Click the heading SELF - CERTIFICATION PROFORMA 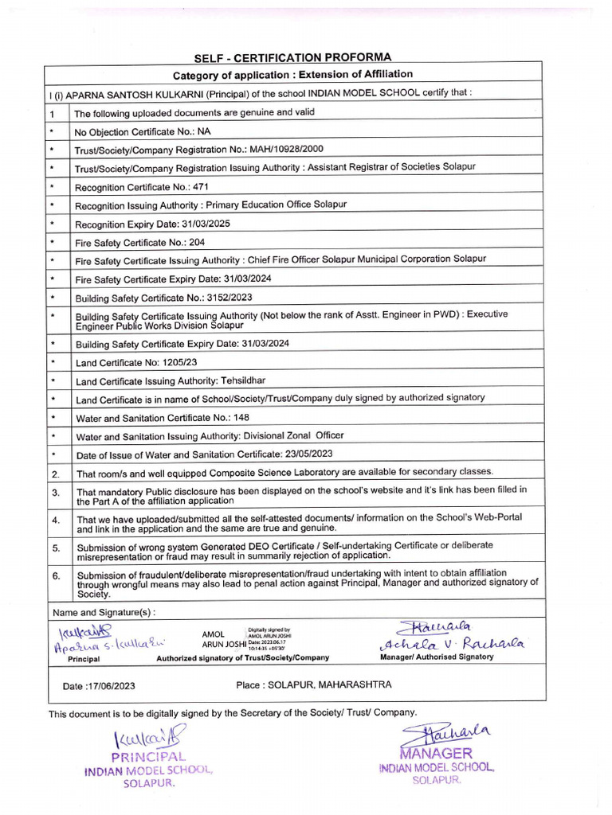(293, 57)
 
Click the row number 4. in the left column (57, 520)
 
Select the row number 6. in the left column (57, 575)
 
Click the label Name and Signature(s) (104, 612)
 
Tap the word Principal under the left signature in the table (84, 659)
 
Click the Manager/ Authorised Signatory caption (436, 657)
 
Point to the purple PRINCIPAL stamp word (147, 757)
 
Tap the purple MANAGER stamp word (437, 753)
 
